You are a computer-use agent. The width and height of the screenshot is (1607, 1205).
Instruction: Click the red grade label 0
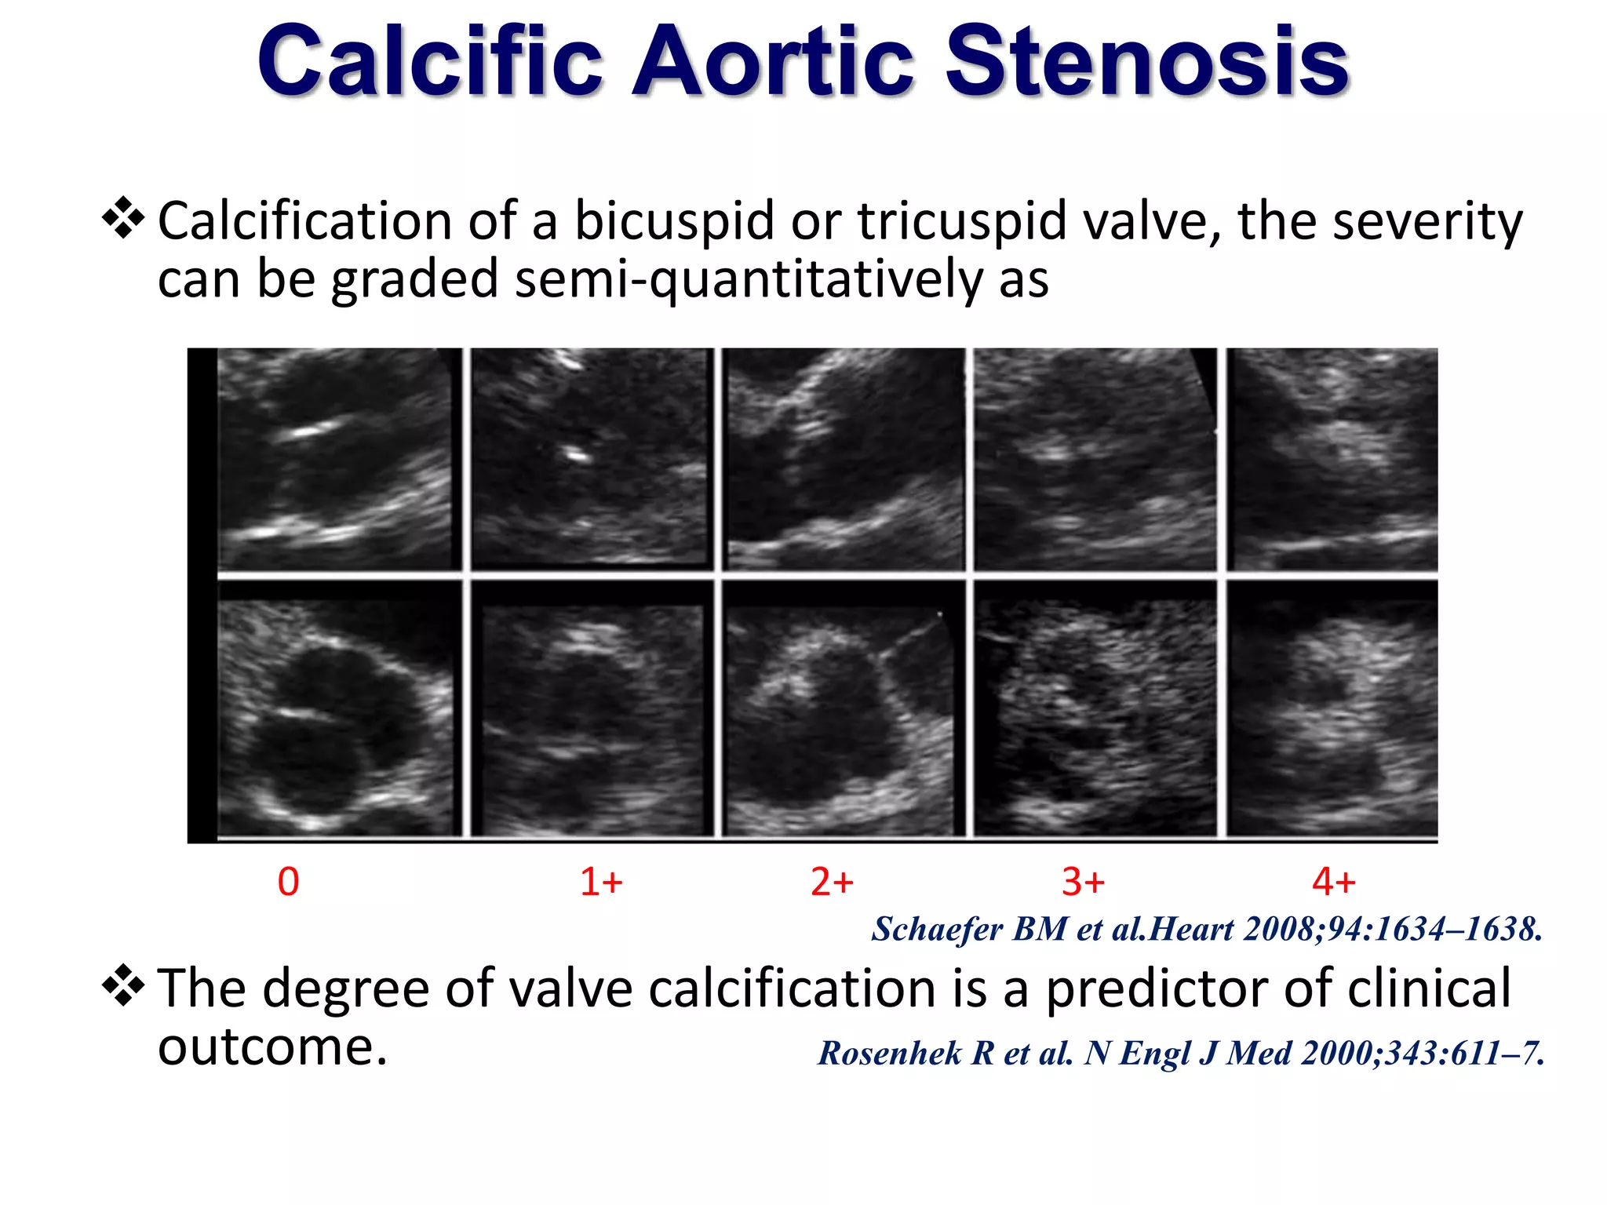[x=288, y=882]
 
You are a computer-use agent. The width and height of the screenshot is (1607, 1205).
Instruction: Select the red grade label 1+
[x=601, y=882]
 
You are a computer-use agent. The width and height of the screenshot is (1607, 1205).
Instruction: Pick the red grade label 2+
[x=832, y=882]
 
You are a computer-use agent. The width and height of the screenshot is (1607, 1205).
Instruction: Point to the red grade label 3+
[x=1083, y=882]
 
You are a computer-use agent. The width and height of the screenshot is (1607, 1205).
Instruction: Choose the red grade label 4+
[x=1333, y=882]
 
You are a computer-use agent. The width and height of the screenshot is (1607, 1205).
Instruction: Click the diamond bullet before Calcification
[x=123, y=218]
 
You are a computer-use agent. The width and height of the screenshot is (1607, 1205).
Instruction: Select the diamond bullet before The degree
[x=123, y=985]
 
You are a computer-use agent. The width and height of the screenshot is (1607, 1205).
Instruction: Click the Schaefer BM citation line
[x=1207, y=930]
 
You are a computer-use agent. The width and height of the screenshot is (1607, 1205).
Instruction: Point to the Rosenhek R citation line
[x=1181, y=1054]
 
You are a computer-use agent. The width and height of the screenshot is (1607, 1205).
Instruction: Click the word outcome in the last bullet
[x=272, y=1047]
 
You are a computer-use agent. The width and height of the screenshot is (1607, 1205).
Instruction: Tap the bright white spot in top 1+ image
[x=578, y=453]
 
